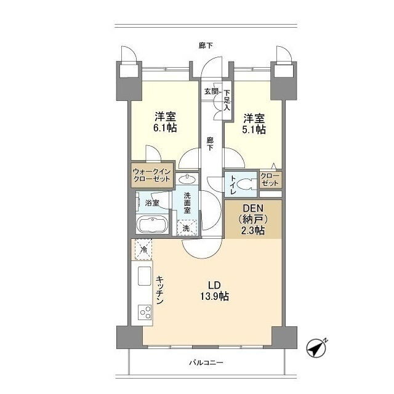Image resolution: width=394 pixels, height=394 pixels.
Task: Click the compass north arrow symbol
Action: coord(316,348)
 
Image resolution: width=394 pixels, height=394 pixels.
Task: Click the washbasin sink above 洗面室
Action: coord(187,179)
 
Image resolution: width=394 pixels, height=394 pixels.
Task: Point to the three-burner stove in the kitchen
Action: coord(145,312)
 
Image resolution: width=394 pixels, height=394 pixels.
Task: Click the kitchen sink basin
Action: coord(145,276)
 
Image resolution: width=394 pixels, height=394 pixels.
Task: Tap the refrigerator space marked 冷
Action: coord(143,249)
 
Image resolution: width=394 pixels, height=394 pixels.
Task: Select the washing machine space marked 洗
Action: coord(186,228)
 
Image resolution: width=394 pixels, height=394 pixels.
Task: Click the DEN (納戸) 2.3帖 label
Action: coord(253,219)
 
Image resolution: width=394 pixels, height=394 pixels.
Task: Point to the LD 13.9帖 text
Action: coord(214,291)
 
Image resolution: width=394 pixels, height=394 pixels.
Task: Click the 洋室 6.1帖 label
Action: coord(165,122)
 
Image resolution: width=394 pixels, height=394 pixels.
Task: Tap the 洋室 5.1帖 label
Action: coord(254,124)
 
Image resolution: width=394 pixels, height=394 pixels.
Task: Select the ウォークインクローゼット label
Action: coord(152,175)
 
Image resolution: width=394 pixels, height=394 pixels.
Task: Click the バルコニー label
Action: coord(206,363)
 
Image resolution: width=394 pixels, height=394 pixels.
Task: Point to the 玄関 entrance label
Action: coord(211,91)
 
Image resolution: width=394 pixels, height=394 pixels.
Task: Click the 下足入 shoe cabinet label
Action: coord(227,100)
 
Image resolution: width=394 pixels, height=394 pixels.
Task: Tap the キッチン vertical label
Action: coord(160,290)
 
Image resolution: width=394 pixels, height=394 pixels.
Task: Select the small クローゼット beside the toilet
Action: coord(270,180)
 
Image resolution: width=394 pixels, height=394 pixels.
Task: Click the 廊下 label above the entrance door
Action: coord(206,46)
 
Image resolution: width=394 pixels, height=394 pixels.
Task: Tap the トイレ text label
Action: coord(233,185)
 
